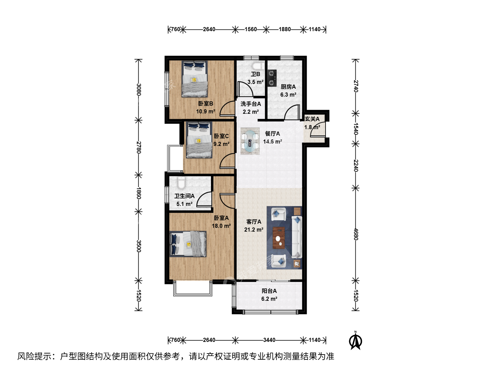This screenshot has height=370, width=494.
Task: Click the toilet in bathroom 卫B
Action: [258, 65]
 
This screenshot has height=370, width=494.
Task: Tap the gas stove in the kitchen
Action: [272, 78]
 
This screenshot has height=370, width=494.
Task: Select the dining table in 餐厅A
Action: [250, 141]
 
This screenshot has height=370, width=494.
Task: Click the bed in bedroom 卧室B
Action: [195, 79]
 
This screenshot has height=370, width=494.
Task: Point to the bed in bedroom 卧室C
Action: [199, 140]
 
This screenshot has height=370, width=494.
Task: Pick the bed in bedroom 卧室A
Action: [188, 244]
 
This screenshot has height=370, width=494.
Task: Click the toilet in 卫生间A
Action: [181, 183]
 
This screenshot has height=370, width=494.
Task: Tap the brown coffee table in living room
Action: [279, 238]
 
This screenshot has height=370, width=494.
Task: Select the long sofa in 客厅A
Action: [297, 237]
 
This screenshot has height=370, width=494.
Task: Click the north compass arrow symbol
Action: [355, 341]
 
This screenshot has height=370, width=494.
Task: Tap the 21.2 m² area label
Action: [254, 230]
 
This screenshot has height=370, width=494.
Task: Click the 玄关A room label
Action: [312, 119]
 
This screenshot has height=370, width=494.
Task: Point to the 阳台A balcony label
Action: [269, 291]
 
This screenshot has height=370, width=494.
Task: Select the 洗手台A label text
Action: [251, 104]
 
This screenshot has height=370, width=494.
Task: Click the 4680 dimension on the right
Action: [356, 234]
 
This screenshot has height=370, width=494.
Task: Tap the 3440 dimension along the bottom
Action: [269, 340]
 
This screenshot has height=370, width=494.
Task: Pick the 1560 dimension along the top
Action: [251, 29]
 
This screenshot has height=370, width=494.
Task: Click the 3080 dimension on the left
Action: [139, 89]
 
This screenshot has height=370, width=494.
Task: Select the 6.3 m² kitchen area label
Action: [288, 95]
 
